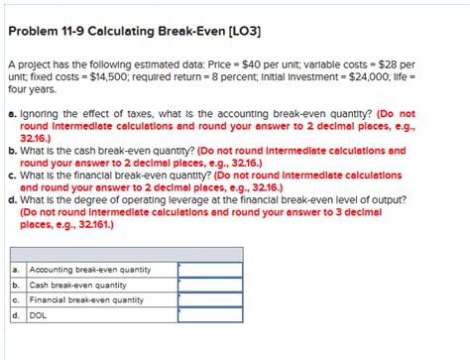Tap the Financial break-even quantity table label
click(x=87, y=300)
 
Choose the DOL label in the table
click(x=40, y=315)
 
